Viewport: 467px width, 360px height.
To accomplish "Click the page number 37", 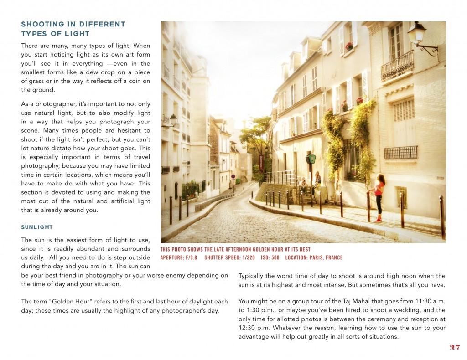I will click(454, 347).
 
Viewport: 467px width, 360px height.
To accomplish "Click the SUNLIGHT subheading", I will click(37, 227).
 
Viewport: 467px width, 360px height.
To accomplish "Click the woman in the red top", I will click(379, 196).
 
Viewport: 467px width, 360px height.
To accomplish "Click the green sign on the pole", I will click(312, 159).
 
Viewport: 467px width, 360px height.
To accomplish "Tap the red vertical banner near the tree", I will click(261, 162).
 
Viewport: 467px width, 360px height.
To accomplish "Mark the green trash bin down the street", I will click(238, 180).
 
